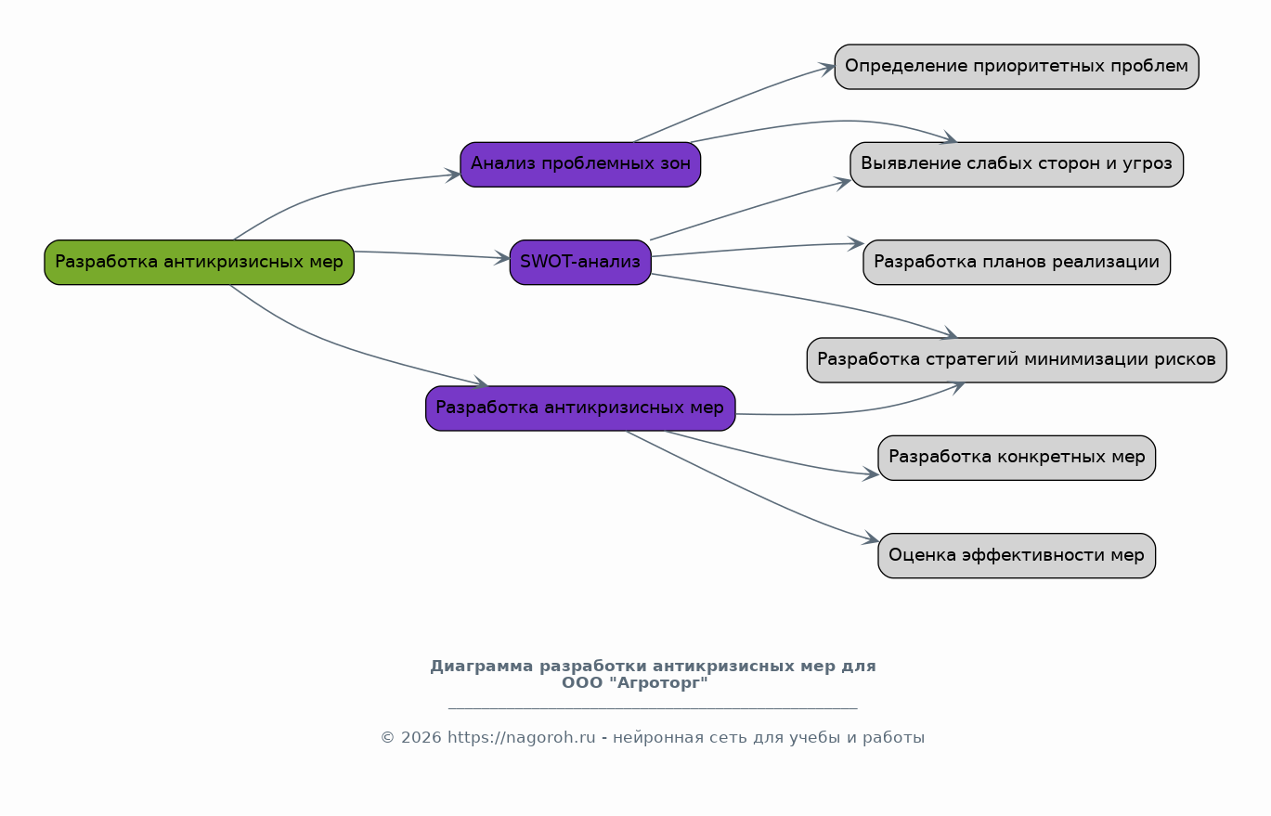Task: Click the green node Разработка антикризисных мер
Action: coord(200,262)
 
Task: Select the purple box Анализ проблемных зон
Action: coord(580,164)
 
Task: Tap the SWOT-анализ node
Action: coord(580,262)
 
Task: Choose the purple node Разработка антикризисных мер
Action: coord(580,408)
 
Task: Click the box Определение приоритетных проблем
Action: coord(1017,67)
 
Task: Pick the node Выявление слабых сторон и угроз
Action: coord(1017,164)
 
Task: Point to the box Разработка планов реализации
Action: coord(1017,262)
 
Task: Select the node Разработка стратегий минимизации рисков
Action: coord(1017,360)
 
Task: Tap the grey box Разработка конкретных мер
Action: coord(1017,458)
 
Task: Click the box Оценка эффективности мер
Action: coord(1017,555)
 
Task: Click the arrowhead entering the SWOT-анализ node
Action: coord(502,258)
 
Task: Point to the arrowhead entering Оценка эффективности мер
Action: coord(871,538)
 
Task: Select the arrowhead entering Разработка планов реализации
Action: coord(856,244)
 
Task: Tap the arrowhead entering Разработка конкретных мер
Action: coord(871,473)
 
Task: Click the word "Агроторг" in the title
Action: coord(658,682)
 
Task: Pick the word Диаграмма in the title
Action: coord(482,667)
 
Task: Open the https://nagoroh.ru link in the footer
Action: coord(522,738)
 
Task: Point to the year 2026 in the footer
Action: coord(421,738)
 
